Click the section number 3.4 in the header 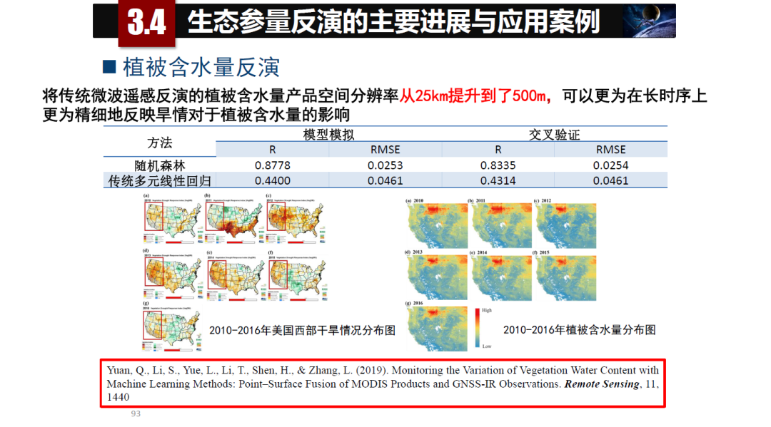click(147, 21)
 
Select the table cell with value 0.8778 click(272, 165)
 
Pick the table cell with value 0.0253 click(385, 165)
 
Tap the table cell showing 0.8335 click(498, 165)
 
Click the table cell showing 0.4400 click(272, 181)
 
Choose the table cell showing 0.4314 click(498, 181)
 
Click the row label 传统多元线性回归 click(159, 181)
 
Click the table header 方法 click(159, 142)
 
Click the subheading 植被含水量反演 click(201, 68)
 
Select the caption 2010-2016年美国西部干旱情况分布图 click(302, 330)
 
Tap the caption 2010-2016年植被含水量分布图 click(579, 330)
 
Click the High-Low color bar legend click(477, 328)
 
